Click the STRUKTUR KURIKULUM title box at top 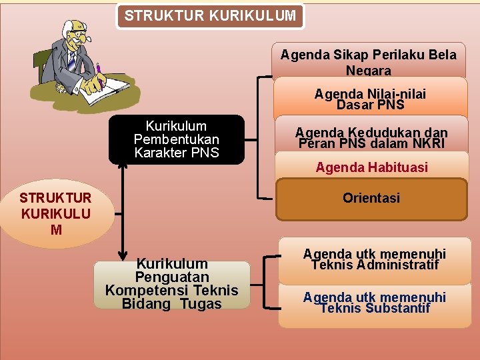point(210,16)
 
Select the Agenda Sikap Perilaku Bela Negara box point(369,62)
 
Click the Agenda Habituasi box point(371,167)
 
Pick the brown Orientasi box point(371,199)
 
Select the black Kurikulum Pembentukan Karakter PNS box point(177,139)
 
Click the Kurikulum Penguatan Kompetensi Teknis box point(171,284)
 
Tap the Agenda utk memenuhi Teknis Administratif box point(374,259)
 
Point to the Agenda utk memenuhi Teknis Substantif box point(374,303)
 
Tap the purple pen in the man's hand point(98,69)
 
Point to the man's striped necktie point(71,61)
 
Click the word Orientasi point(371,198)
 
